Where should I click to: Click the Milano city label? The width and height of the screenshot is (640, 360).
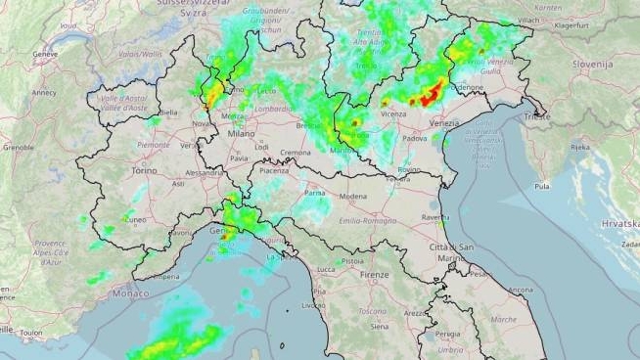pyautogui.click(x=241, y=132)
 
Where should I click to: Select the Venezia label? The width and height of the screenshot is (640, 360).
pyautogui.click(x=443, y=123)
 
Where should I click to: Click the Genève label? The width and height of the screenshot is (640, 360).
pyautogui.click(x=45, y=55)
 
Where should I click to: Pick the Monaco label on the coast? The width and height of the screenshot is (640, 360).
pyautogui.click(x=131, y=293)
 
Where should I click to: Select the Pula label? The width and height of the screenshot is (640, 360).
pyautogui.click(x=541, y=184)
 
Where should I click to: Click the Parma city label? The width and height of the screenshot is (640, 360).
pyautogui.click(x=314, y=194)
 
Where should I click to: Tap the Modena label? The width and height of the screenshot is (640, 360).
pyautogui.click(x=352, y=197)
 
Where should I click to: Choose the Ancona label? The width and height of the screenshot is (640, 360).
pyautogui.click(x=521, y=290)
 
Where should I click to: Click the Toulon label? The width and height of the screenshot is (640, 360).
pyautogui.click(x=30, y=333)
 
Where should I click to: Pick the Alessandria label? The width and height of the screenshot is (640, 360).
pyautogui.click(x=205, y=172)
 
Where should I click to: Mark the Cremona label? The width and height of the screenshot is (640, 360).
pyautogui.click(x=295, y=153)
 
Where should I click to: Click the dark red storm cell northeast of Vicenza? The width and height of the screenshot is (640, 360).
pyautogui.click(x=427, y=96)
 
